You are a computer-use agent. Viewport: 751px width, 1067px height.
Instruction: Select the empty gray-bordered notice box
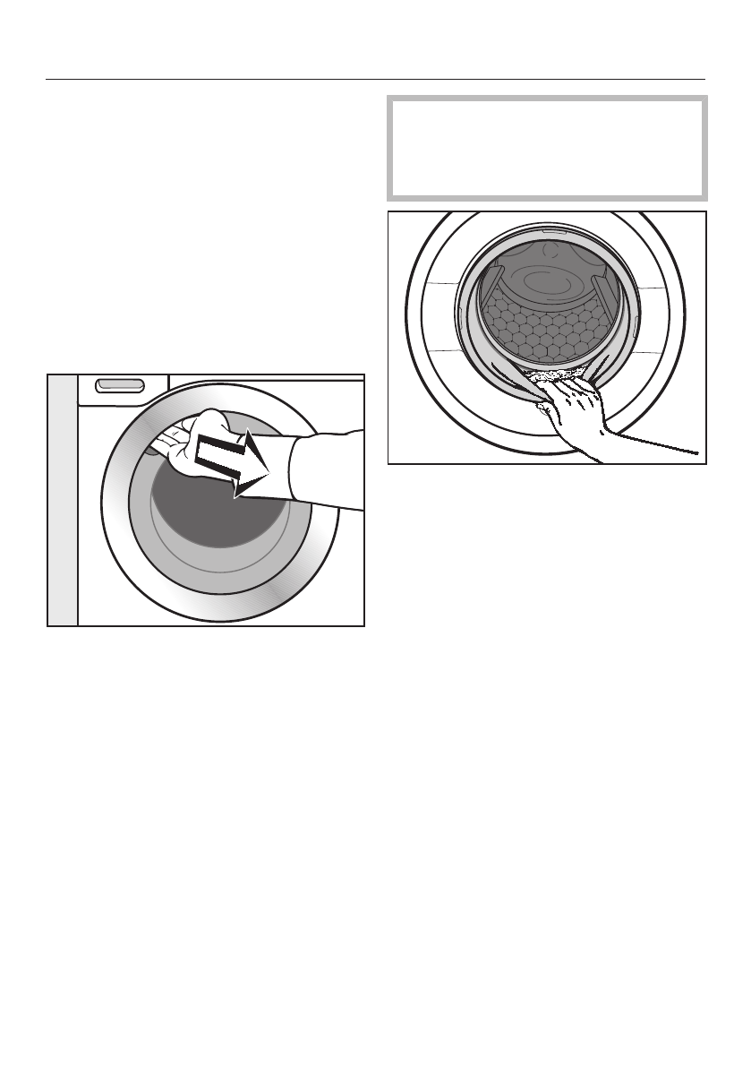[547, 149]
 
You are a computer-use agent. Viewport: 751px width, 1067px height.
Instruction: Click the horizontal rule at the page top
[375, 79]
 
